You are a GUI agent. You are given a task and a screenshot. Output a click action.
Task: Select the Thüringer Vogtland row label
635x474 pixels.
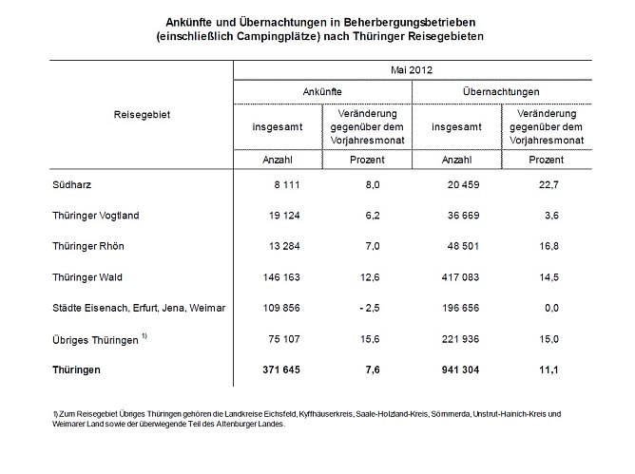click(95, 216)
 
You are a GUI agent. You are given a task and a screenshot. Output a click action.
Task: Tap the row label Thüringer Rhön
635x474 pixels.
click(87, 247)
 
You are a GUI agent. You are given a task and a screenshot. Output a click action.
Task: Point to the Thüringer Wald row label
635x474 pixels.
click(87, 277)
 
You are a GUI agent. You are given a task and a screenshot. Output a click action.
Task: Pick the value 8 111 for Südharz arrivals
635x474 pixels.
click(288, 185)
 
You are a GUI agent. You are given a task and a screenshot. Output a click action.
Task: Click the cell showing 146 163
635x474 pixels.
click(281, 277)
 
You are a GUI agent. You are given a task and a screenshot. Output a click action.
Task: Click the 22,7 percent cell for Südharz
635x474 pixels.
click(547, 185)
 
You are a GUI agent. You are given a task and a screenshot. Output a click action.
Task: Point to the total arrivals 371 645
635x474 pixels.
click(281, 370)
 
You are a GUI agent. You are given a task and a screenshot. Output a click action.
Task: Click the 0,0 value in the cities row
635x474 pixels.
click(548, 308)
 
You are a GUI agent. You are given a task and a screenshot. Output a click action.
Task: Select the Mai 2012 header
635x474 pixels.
click(413, 70)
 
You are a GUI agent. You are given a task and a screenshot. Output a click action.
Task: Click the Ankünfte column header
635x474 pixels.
click(323, 91)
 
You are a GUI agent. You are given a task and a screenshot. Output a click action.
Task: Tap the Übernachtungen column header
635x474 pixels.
click(502, 91)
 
